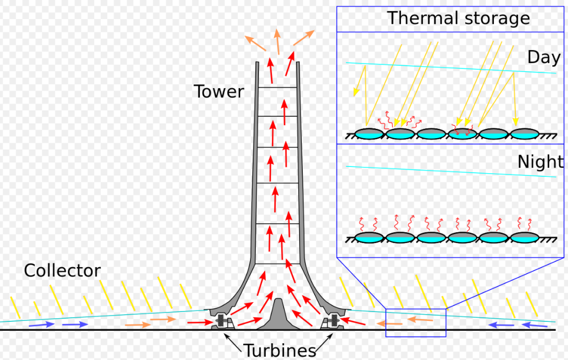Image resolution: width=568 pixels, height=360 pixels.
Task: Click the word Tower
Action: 219,92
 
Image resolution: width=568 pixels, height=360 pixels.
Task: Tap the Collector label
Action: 62,271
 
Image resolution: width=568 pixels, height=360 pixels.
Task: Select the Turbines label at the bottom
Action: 280,350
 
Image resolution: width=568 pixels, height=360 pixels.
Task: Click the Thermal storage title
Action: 458,18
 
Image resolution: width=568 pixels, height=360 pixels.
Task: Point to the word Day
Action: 543,57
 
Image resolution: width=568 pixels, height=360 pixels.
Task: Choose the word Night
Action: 540,162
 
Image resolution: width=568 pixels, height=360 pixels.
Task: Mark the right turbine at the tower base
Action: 333,322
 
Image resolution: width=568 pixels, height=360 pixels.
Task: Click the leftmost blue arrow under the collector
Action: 41,325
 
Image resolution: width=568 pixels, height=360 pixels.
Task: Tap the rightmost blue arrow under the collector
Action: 535,325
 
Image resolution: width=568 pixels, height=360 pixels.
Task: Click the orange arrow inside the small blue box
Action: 420,319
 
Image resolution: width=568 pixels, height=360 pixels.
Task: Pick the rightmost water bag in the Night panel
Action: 524,237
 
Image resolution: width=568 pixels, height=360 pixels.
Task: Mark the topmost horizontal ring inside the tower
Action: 278,87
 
